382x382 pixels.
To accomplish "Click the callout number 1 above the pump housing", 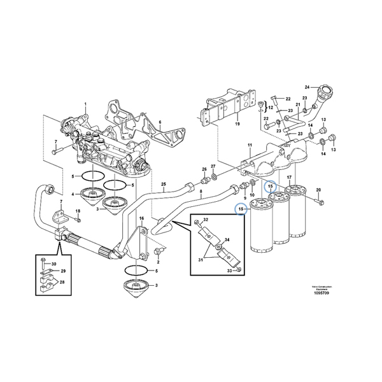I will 86,104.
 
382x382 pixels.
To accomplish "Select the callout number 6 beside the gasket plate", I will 160,122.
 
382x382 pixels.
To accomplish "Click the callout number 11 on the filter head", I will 250,146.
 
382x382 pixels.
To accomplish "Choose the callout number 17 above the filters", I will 289,177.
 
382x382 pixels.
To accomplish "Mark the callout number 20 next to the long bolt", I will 318,190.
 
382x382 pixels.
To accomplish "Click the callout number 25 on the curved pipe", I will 163,185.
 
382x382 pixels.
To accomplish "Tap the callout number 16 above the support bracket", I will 142,218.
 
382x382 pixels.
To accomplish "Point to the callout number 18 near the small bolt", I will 78,211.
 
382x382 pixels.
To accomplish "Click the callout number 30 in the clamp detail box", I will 53,264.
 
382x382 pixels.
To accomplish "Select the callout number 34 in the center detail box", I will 227,240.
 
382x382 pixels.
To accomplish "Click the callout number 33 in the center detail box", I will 229,271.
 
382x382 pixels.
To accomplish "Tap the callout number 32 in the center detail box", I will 206,220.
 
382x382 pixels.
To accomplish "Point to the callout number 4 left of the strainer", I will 73,194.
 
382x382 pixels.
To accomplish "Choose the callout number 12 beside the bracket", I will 271,108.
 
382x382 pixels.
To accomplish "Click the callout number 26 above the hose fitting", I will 204,169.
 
